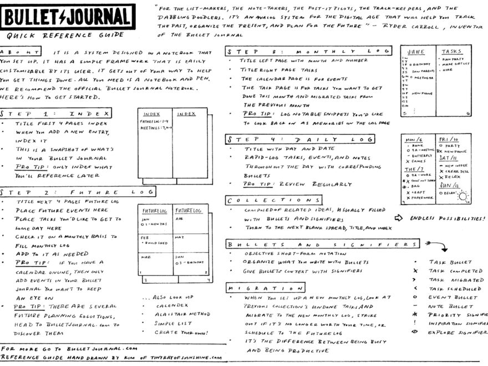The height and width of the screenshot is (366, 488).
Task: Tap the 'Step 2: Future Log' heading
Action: pos(78,191)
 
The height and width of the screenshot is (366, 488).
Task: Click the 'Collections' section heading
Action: pos(273,200)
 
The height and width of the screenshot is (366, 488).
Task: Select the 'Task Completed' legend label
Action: pos(455,271)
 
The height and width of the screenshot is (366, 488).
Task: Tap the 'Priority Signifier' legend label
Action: pos(457,315)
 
